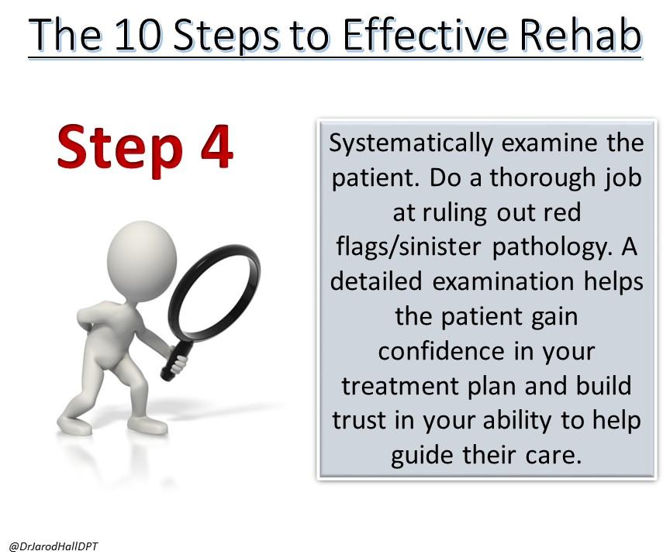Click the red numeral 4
coord(216,147)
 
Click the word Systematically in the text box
coord(411,144)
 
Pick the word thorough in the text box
coord(542,177)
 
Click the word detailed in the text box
coord(376,281)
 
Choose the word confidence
coord(442,351)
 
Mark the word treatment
coord(400,387)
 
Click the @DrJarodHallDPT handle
coord(54,546)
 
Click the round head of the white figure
coord(142,257)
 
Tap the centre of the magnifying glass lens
coord(214,291)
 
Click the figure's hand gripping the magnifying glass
coord(178,363)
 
